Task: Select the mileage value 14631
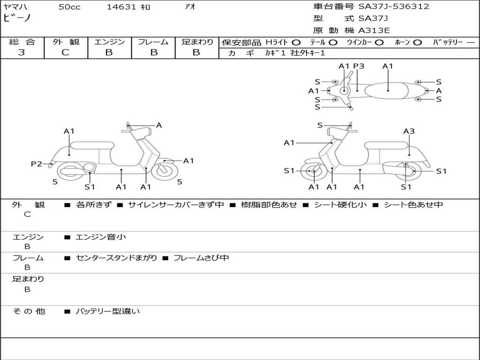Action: pyautogui.click(x=121, y=7)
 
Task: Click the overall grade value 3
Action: pyautogui.click(x=22, y=52)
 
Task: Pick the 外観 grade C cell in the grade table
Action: pyautogui.click(x=65, y=52)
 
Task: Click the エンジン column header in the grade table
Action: pyautogui.click(x=109, y=42)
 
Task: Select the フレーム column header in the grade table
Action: pyautogui.click(x=153, y=42)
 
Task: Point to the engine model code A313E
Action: pyautogui.click(x=374, y=31)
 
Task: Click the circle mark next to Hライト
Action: pyautogui.click(x=296, y=42)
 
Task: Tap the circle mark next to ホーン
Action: pyautogui.click(x=417, y=42)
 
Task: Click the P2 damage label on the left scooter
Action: pyautogui.click(x=37, y=164)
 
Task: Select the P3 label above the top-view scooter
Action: pyautogui.click(x=359, y=66)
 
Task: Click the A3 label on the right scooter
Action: pyautogui.click(x=409, y=131)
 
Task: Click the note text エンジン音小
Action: pyautogui.click(x=101, y=237)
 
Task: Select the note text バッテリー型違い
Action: pyautogui.click(x=108, y=311)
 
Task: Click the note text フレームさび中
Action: pyautogui.click(x=201, y=258)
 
